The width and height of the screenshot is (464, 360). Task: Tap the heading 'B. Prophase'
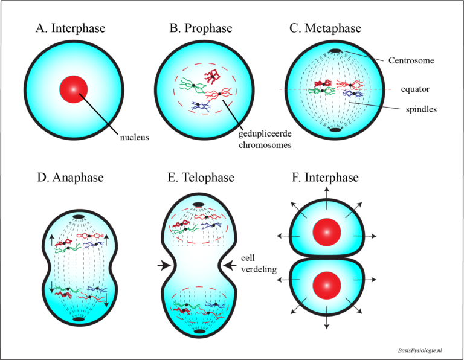tap(200, 28)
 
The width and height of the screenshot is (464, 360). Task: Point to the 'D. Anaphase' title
tap(71, 178)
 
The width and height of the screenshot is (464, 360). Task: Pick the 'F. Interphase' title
tap(325, 178)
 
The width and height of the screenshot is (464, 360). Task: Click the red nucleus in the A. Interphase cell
tap(74, 89)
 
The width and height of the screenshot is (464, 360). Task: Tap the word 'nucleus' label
tap(134, 137)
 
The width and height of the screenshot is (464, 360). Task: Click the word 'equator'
tap(415, 89)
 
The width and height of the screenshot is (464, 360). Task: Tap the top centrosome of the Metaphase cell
tap(335, 50)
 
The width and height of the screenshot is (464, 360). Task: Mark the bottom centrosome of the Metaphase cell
tap(335, 129)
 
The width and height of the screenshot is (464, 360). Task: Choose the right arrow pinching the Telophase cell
tap(230, 264)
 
